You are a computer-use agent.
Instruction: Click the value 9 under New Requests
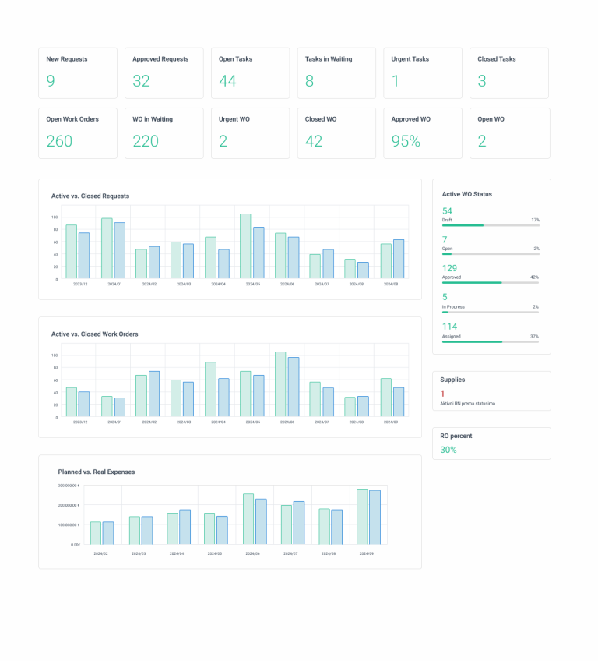(51, 81)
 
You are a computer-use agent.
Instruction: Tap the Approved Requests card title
(160, 59)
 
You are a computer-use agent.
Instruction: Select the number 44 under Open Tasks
(227, 81)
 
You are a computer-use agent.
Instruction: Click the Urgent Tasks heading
(410, 59)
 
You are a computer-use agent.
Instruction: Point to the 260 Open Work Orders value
(59, 141)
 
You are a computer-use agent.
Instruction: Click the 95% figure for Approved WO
(406, 141)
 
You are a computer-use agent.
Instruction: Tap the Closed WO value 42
(314, 141)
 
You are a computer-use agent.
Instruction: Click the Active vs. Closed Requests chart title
(90, 196)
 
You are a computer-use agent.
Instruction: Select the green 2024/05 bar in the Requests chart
(245, 246)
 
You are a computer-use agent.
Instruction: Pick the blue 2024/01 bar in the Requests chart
(120, 251)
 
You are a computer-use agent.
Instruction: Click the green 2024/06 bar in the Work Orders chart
(280, 384)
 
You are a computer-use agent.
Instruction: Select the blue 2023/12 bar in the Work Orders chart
(84, 404)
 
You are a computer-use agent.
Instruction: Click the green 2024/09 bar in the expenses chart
(363, 517)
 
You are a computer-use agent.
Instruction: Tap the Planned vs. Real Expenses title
(97, 472)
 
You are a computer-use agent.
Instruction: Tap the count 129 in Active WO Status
(450, 268)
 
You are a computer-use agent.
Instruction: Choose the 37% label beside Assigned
(535, 337)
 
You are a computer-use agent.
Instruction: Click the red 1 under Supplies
(442, 394)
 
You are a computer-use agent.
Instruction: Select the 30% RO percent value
(448, 450)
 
